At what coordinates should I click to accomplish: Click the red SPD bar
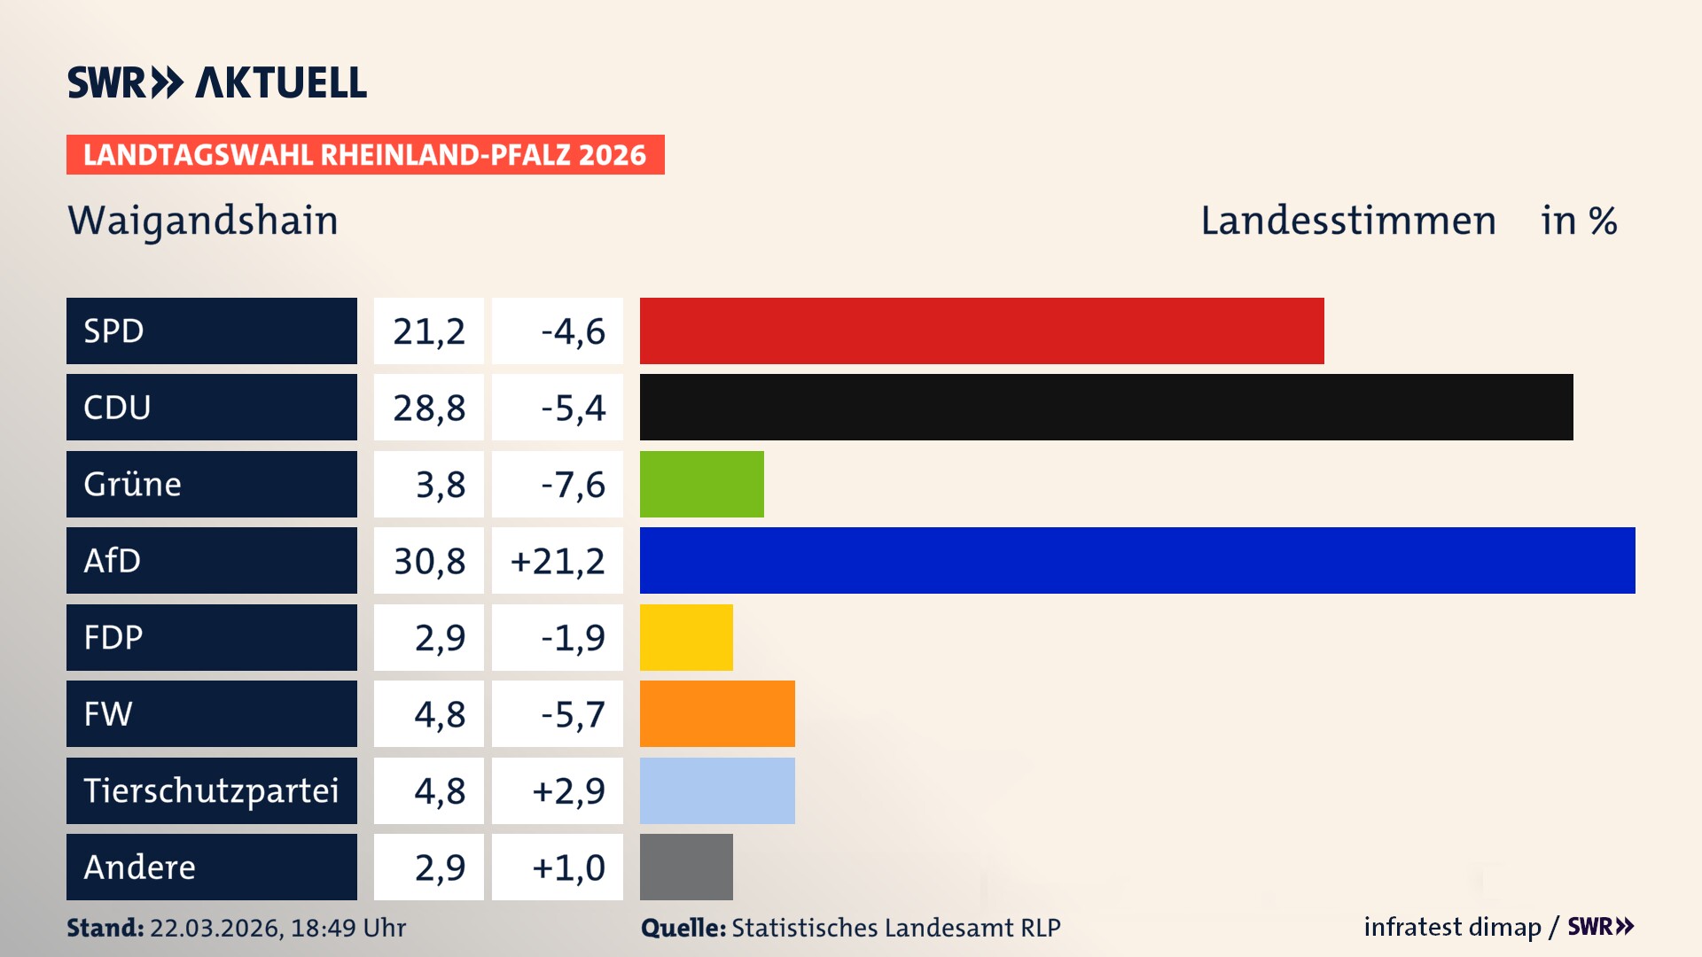(x=981, y=331)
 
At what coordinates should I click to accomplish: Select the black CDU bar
(x=1105, y=407)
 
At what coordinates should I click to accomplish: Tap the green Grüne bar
(x=701, y=484)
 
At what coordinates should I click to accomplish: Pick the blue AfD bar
(x=1136, y=560)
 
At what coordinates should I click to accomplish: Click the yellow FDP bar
(x=685, y=637)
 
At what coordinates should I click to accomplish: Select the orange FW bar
(x=716, y=713)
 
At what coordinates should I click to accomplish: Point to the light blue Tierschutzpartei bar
(x=716, y=790)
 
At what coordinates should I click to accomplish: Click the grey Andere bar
(x=685, y=867)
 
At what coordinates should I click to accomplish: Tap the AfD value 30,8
(x=429, y=561)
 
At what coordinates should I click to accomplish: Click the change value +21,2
(x=558, y=561)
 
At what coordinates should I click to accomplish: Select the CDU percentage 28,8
(x=429, y=408)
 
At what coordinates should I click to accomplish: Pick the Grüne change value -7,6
(x=573, y=485)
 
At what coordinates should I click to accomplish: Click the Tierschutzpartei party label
(x=211, y=790)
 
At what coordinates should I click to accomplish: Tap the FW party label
(x=108, y=713)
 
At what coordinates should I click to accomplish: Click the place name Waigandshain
(x=203, y=221)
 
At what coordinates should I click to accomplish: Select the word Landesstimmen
(x=1347, y=221)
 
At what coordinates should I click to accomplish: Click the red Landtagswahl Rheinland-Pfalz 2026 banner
(x=364, y=154)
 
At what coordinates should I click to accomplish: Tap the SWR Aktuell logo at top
(x=216, y=82)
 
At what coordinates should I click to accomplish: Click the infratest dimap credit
(x=1451, y=927)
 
